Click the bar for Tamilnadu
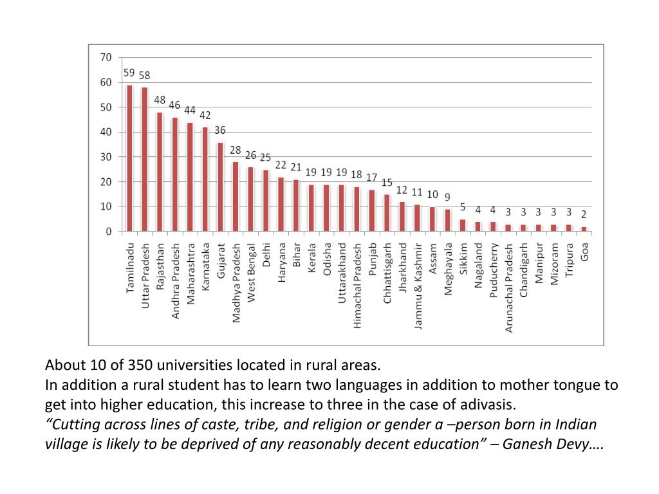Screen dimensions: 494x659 click(x=129, y=158)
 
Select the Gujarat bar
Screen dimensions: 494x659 click(x=220, y=187)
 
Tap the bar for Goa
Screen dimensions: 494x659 click(x=584, y=229)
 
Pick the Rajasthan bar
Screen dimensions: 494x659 click(x=160, y=172)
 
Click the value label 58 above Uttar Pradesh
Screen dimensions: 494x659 click(x=145, y=75)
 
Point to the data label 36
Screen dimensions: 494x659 click(x=220, y=130)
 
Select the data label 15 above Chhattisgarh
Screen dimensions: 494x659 click(x=387, y=183)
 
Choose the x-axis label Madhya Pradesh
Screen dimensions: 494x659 click(x=236, y=282)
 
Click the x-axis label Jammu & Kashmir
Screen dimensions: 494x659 click(x=418, y=286)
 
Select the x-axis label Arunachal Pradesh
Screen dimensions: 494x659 click(x=509, y=288)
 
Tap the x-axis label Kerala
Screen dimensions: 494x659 click(x=311, y=258)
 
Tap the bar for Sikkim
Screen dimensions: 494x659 click(x=463, y=225)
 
